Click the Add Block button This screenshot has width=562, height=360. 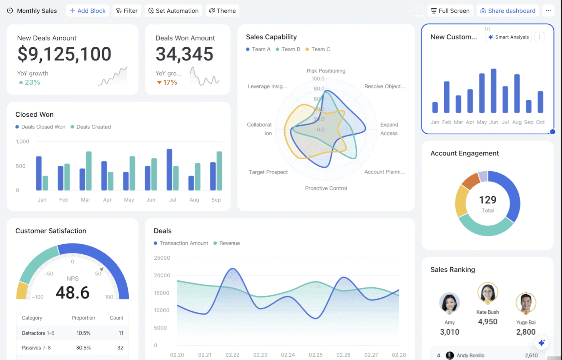(x=88, y=11)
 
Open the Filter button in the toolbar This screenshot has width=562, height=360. (x=127, y=11)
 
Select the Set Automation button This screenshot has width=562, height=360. (x=173, y=11)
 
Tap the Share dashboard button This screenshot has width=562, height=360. (x=508, y=11)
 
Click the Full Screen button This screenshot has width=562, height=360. (x=450, y=11)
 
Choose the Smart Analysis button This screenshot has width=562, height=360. (x=508, y=37)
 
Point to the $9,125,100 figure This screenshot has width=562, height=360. (x=64, y=54)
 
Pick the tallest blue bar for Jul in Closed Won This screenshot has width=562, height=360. (x=169, y=170)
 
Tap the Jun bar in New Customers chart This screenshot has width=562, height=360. (x=493, y=91)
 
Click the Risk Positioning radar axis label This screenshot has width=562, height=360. (x=326, y=71)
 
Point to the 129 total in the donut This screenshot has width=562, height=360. (x=488, y=200)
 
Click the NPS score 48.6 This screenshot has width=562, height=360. (x=73, y=293)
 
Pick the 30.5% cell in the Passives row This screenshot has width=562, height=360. (x=83, y=348)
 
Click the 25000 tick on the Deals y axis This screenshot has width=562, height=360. (x=162, y=258)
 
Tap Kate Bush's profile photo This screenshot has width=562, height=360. (x=488, y=292)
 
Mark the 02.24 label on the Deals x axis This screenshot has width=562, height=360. (x=288, y=355)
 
